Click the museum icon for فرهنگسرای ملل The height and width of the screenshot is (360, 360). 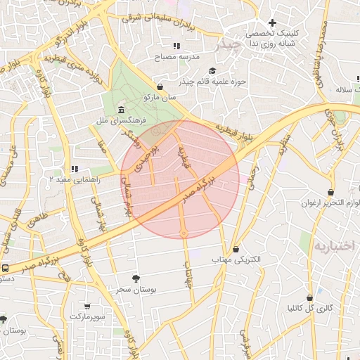[122, 110]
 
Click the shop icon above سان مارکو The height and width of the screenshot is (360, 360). [160, 86]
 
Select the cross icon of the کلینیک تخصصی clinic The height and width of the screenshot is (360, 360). [272, 23]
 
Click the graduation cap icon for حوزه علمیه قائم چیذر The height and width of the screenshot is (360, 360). [212, 70]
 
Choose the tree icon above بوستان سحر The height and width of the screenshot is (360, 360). [136, 278]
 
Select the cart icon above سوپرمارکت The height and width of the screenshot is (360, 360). [87, 307]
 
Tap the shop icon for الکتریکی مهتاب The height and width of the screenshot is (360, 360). [236, 249]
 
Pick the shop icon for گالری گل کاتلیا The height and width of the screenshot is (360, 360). [309, 297]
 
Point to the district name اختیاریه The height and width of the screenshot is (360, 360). [335, 247]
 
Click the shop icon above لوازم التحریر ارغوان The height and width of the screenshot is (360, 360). [331, 192]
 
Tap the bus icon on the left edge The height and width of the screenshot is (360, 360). [6, 268]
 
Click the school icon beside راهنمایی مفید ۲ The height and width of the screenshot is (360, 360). [75, 169]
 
